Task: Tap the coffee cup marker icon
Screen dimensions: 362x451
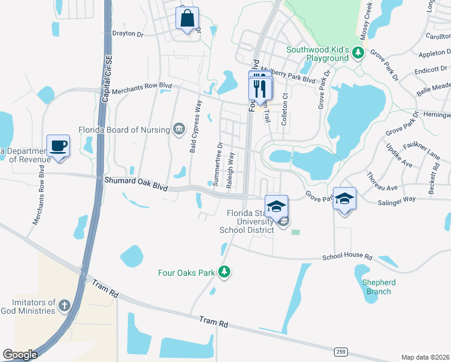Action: click(x=58, y=145)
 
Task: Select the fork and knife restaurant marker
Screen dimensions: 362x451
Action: click(x=260, y=89)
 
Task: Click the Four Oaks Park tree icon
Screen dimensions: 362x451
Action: click(x=224, y=273)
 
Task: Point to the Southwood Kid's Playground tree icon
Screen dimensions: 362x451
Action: click(x=358, y=54)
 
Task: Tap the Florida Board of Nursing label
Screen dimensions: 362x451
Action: click(x=124, y=129)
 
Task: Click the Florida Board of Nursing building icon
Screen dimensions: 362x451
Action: click(x=179, y=129)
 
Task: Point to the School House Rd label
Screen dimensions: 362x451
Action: click(x=347, y=256)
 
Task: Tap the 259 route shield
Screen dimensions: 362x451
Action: click(x=340, y=352)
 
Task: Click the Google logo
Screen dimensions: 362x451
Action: click(x=20, y=355)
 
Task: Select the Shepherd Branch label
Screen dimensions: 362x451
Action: click(x=379, y=287)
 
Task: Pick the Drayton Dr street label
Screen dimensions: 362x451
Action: click(x=128, y=34)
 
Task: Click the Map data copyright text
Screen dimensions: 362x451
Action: click(x=425, y=357)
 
